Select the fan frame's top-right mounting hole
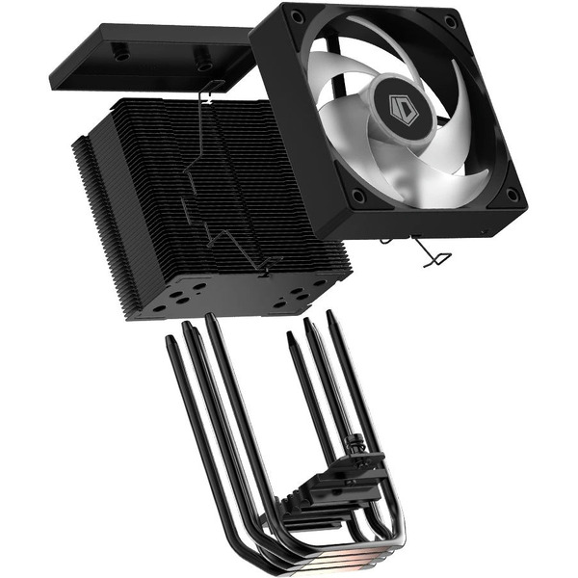[451, 19]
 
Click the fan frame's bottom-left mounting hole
[359, 197]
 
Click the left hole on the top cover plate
[121, 56]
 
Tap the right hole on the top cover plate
[204, 66]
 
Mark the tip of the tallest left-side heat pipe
[210, 319]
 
